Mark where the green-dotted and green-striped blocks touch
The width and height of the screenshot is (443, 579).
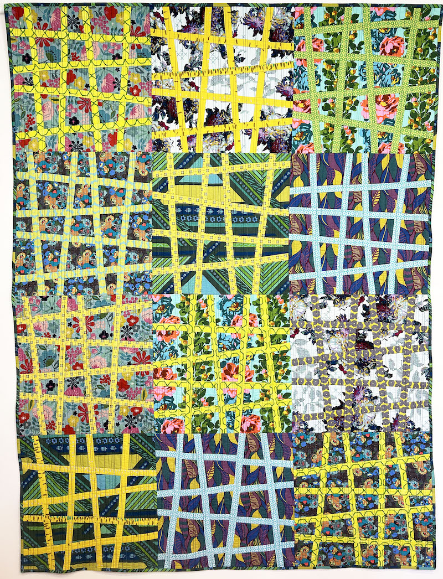point(292,153)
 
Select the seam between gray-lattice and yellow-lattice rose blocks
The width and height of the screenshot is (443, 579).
point(291,363)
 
